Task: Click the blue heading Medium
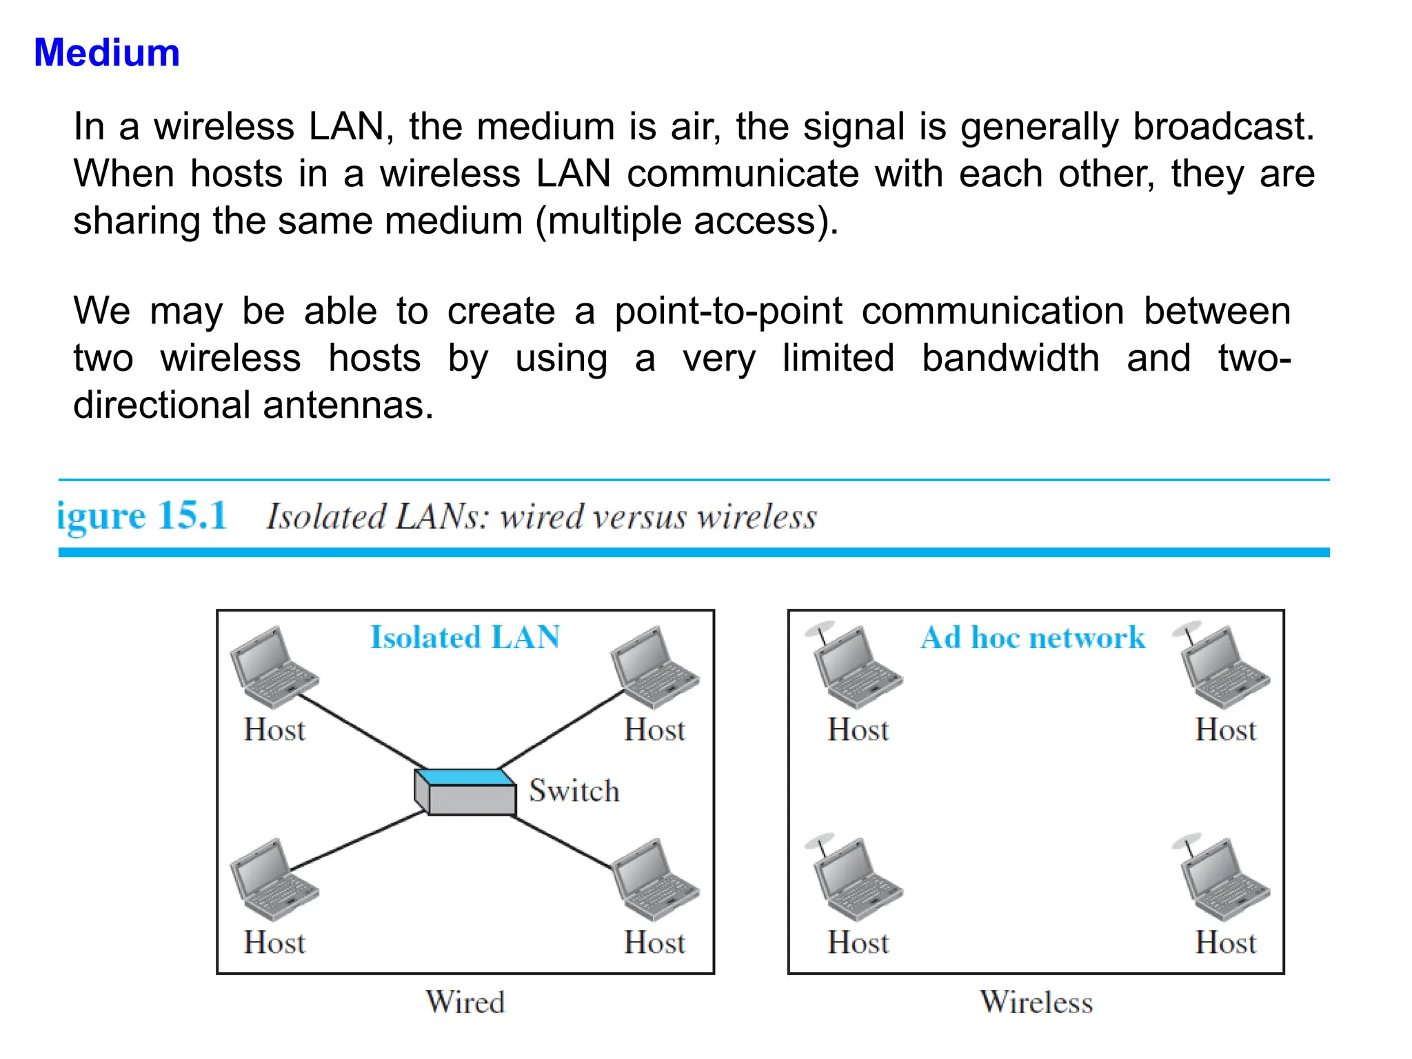107,53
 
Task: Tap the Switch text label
574,791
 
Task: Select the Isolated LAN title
465,637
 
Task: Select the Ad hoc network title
1033,638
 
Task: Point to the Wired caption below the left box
465,1002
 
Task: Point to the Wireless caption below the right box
1036,1002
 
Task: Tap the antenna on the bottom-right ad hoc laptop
1188,844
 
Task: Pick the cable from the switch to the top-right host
562,729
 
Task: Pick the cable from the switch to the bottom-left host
359,840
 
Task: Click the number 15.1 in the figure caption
192,515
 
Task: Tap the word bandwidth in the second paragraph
1010,358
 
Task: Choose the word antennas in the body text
348,405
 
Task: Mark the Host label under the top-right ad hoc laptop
1225,729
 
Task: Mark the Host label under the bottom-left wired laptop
274,942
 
